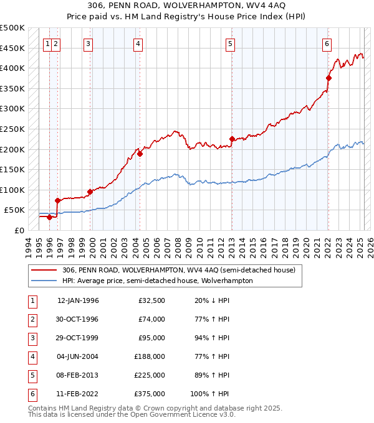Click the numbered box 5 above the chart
tap(231, 44)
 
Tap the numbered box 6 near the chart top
tap(327, 44)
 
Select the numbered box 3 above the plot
tap(89, 44)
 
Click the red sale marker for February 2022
tap(328, 78)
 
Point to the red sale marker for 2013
tap(232, 139)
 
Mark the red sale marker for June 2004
tap(140, 154)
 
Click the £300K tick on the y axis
tap(12, 109)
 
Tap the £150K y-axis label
tap(12, 169)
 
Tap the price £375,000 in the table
tap(150, 394)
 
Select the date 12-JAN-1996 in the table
tap(78, 300)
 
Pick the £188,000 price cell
tap(150, 356)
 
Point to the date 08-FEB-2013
tap(78, 375)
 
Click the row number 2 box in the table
tap(32, 319)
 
